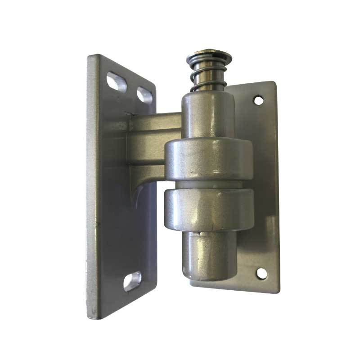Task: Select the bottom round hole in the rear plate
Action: [x=261, y=273]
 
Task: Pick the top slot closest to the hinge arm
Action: [x=144, y=95]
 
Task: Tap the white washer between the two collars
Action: [x=208, y=184]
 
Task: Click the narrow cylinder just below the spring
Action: [x=208, y=112]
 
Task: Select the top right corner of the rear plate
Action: [x=273, y=83]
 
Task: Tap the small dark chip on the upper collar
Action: [x=192, y=172]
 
